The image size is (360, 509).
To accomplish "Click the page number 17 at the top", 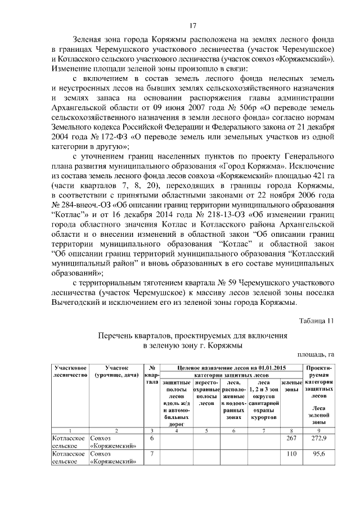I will [x=192, y=25].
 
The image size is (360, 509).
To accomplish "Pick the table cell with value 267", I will [x=291, y=438].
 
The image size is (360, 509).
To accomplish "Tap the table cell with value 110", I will [x=291, y=453].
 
